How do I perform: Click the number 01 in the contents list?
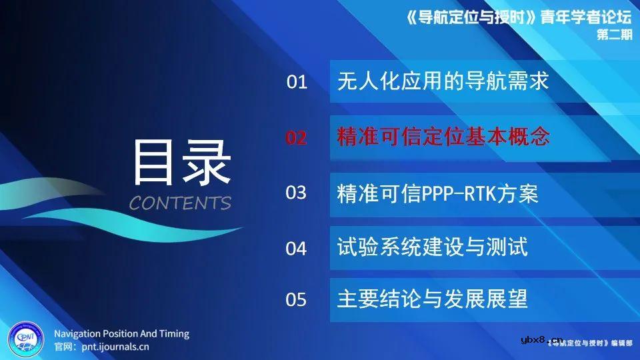coord(297,83)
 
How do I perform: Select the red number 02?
coord(297,138)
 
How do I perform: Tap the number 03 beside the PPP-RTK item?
coord(297,193)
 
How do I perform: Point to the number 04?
coord(297,249)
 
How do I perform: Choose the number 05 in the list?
coord(297,300)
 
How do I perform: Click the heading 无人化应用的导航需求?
coord(443,81)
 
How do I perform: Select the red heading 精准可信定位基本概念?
coord(443,137)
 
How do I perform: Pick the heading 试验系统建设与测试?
coord(433,247)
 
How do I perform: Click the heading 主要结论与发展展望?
coord(433,299)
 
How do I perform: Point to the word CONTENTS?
coord(180,203)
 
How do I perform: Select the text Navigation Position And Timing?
coord(121,333)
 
